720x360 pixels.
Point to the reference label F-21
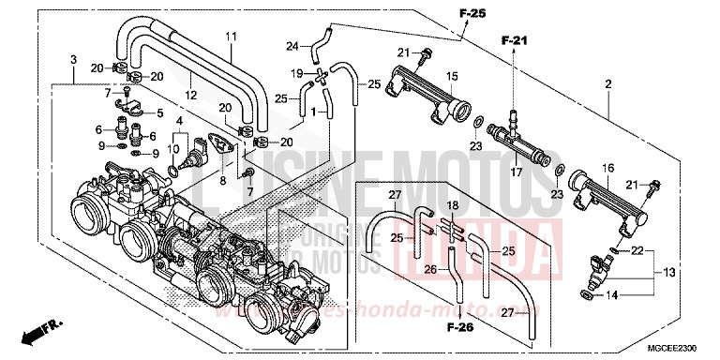pyautogui.click(x=515, y=40)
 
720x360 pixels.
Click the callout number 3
pyautogui.click(x=74, y=60)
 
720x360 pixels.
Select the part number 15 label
pyautogui.click(x=450, y=75)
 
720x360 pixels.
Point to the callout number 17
pyautogui.click(x=515, y=172)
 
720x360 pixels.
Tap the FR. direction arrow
pyautogui.click(x=39, y=332)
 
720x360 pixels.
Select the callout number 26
pyautogui.click(x=430, y=268)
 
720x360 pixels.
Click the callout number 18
pyautogui.click(x=452, y=204)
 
